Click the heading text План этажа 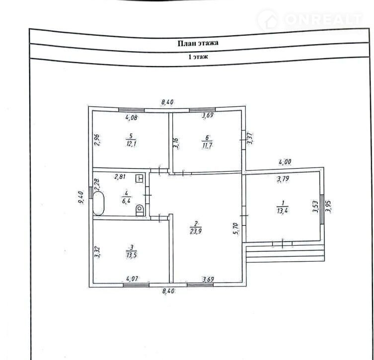point(198,43)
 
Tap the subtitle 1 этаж point(198,57)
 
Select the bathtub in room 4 point(98,204)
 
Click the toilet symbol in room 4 point(140,210)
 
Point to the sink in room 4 point(139,179)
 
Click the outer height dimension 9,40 point(81,197)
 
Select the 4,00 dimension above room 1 point(285,162)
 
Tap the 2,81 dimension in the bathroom point(121,177)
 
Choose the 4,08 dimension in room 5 point(132,117)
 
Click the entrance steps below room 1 point(285,253)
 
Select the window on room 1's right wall point(322,209)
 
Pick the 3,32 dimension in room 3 point(97,252)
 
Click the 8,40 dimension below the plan point(169,291)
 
